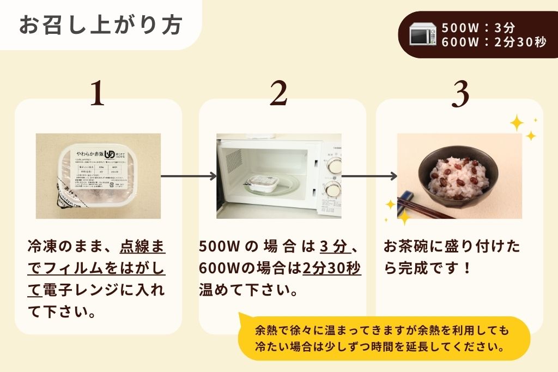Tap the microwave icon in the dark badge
[423, 35]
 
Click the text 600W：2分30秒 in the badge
[494, 42]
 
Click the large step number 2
[278, 94]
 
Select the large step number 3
[460, 94]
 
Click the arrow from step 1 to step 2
[189, 176]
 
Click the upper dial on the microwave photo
[333, 161]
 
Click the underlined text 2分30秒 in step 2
[331, 268]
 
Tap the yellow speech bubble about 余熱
[384, 338]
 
